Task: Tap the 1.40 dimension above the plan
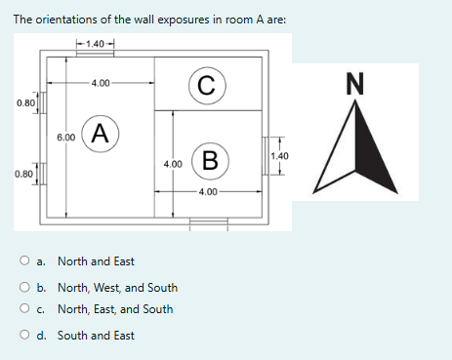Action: [x=97, y=44]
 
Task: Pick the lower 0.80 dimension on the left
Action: [x=26, y=175]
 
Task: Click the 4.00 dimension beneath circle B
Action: [x=208, y=191]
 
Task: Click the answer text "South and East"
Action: [x=96, y=335]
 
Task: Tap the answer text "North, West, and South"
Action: [x=117, y=288]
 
